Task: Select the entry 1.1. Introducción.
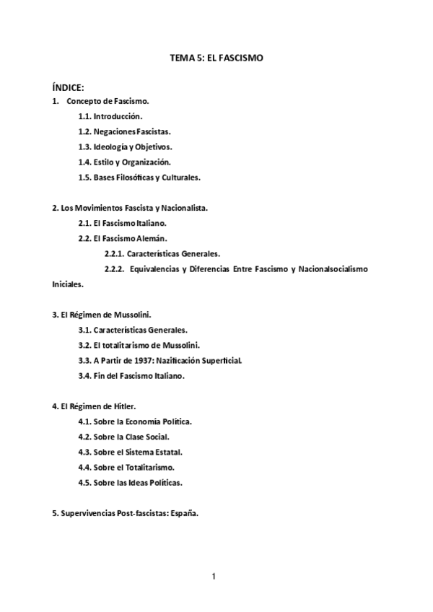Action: pos(110,115)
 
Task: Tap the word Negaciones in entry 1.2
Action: pos(115,131)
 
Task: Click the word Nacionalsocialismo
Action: pos(328,268)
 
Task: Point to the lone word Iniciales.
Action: pos(68,284)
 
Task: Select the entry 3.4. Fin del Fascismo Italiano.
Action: pos(131,375)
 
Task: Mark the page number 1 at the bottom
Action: pos(214,576)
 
